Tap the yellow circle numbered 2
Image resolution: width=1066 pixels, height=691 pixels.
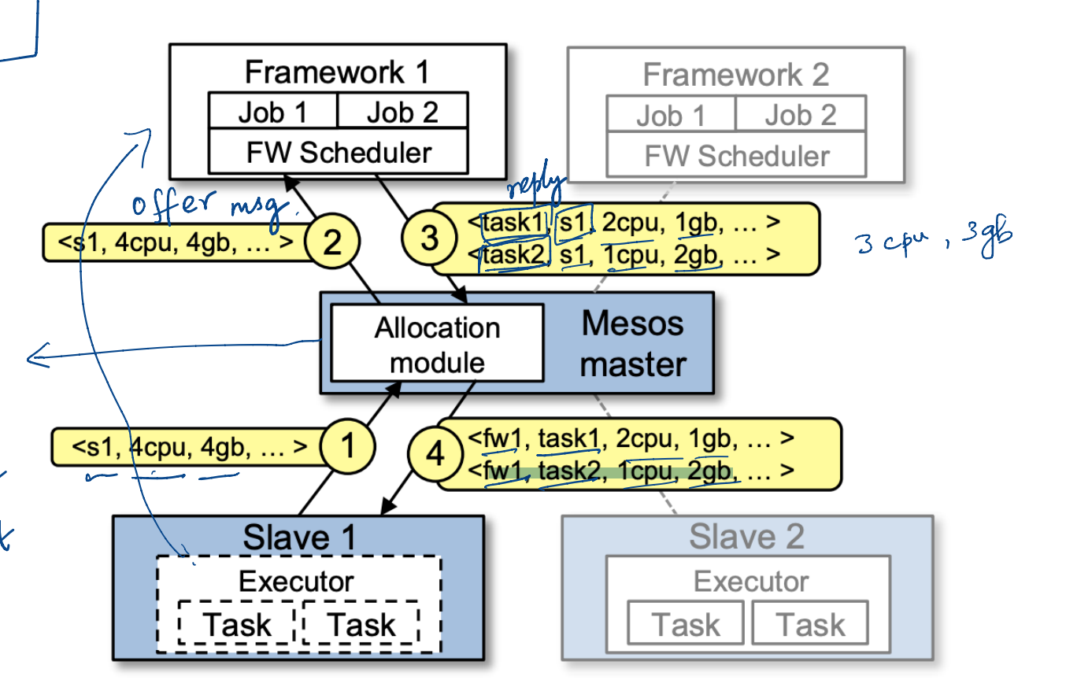pyautogui.click(x=332, y=242)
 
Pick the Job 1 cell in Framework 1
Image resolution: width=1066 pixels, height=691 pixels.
pyautogui.click(x=272, y=113)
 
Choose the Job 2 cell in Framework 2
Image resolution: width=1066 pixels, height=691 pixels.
pyautogui.click(x=800, y=116)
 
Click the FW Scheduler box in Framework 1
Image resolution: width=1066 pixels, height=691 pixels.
pyautogui.click(x=339, y=152)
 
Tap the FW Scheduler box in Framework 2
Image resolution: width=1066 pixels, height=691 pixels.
pyautogui.click(x=736, y=155)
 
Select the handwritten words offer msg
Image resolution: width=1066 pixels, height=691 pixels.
pyautogui.click(x=210, y=208)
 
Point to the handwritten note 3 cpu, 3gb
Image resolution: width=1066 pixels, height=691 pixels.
pyautogui.click(x=933, y=239)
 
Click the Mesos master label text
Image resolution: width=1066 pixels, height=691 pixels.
pyautogui.click(x=634, y=343)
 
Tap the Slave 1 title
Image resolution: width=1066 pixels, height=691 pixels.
pyautogui.click(x=299, y=538)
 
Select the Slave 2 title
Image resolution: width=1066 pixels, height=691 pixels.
pyautogui.click(x=746, y=537)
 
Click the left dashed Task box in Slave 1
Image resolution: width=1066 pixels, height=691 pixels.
pyautogui.click(x=237, y=625)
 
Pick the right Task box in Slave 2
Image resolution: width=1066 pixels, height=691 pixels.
pyautogui.click(x=811, y=625)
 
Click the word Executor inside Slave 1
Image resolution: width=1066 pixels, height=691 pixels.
pyautogui.click(x=296, y=582)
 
